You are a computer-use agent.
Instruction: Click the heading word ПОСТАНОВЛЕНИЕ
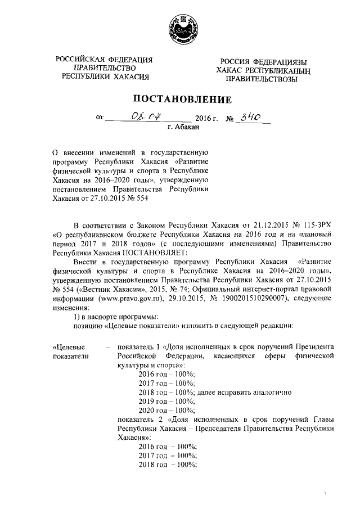(x=180, y=100)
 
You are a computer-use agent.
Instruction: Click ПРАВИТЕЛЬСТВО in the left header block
(x=105, y=68)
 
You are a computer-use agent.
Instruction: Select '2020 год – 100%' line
(x=166, y=411)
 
